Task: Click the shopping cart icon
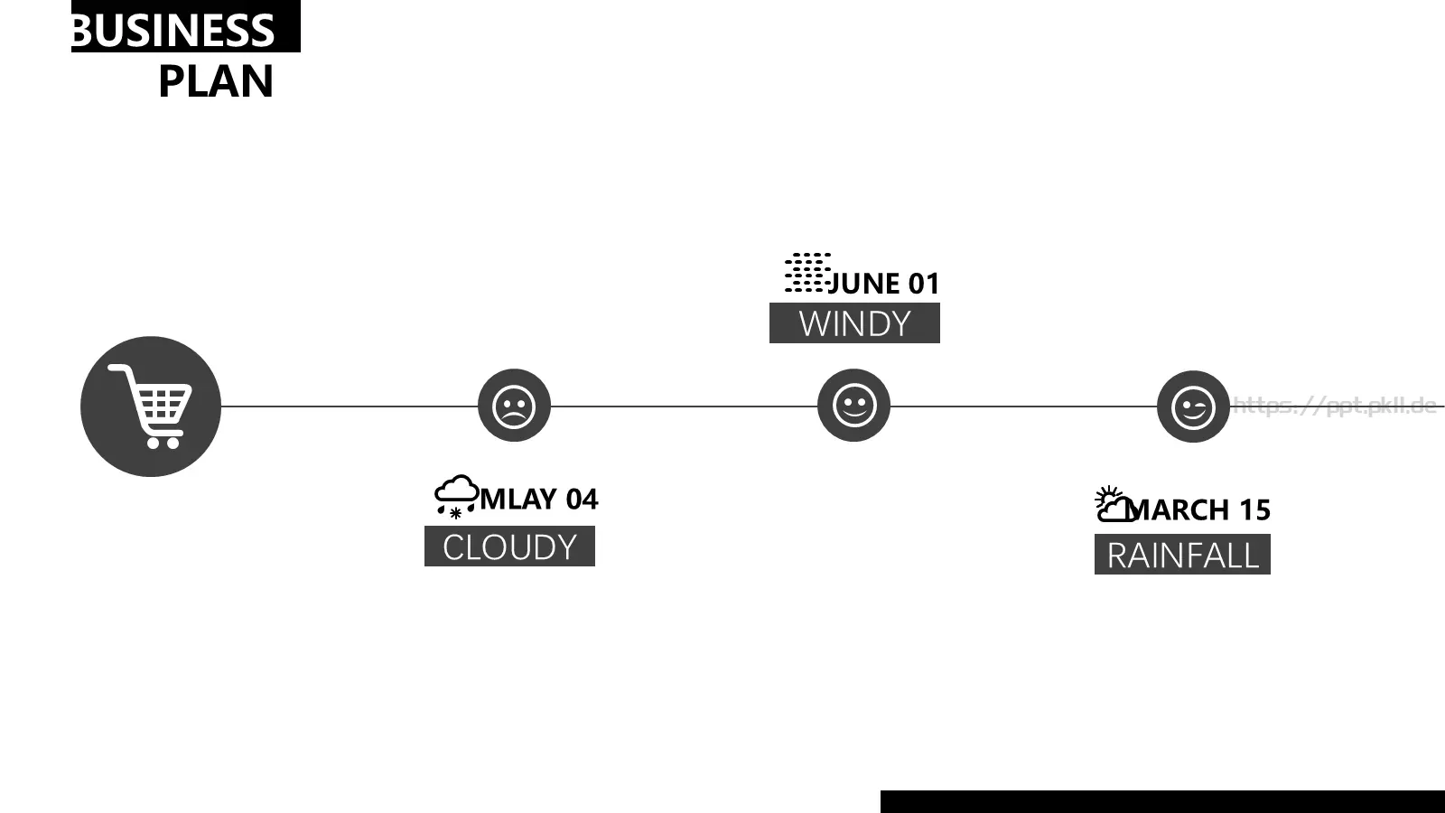point(150,406)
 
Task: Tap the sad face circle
point(514,406)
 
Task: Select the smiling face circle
point(853,406)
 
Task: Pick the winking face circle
point(1193,406)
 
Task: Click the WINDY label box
point(854,322)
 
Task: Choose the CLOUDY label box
point(509,546)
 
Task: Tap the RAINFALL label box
point(1182,555)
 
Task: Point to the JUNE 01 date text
point(883,284)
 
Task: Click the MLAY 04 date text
point(539,500)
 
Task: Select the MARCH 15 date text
point(1200,509)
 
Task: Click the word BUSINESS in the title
point(173,30)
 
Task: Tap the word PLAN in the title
point(216,81)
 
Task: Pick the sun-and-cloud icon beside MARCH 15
point(1114,504)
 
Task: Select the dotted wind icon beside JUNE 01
point(807,272)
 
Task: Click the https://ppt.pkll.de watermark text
point(1335,406)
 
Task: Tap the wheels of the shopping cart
point(163,443)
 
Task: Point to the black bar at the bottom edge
point(1162,801)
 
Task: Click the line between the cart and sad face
point(350,406)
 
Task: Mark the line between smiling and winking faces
point(1024,406)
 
